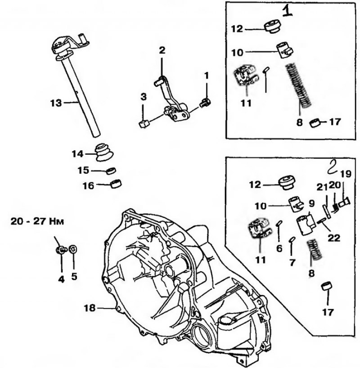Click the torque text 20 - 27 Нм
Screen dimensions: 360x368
tap(37, 221)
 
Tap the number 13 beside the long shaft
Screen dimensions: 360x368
tap(56, 103)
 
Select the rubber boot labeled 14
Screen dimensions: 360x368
tap(104, 153)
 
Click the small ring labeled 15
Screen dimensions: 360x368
tap(111, 171)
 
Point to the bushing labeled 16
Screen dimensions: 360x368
tap(116, 184)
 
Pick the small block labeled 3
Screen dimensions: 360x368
tap(144, 123)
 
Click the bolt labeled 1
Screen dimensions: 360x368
tap(206, 103)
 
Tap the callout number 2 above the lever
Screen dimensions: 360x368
tap(162, 51)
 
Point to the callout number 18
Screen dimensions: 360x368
tap(90, 308)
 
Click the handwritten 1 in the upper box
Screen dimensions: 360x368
tap(287, 12)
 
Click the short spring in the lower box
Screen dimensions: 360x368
tap(314, 251)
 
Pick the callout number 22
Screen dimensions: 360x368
tap(334, 238)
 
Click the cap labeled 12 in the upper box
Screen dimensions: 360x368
tap(273, 27)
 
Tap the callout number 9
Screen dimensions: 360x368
tap(311, 203)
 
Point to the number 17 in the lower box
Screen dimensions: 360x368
tap(328, 312)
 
